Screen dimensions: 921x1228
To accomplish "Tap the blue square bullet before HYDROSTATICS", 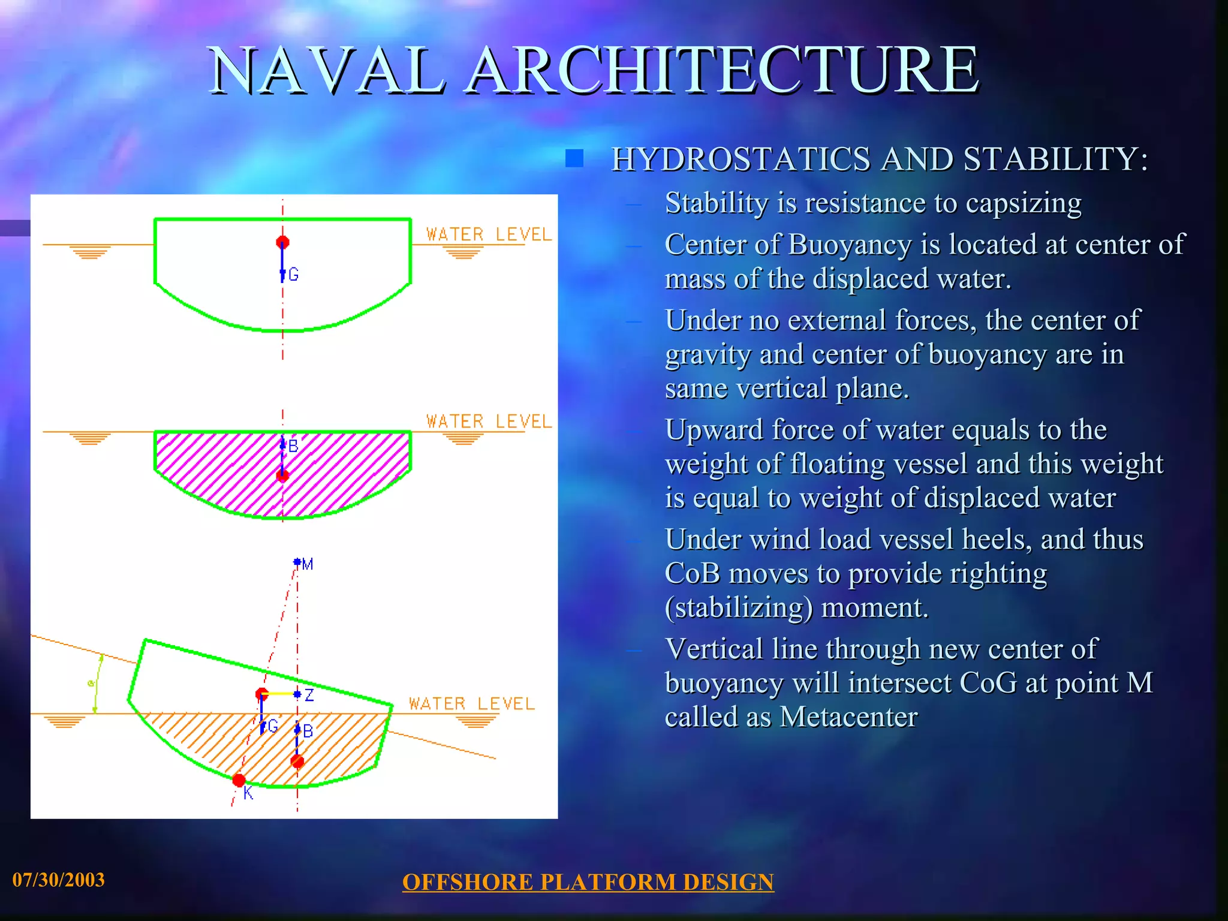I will click(574, 158).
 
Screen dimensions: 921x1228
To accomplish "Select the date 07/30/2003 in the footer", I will click(58, 880).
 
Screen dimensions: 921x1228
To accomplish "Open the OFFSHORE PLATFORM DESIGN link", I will click(588, 882).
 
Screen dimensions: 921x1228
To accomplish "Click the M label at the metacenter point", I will click(308, 564).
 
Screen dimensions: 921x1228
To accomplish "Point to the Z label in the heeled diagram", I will click(309, 695).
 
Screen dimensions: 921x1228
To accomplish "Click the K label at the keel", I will click(248, 794).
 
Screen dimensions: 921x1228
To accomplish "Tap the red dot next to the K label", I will click(239, 780).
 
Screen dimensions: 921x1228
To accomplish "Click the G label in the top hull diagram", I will click(293, 275).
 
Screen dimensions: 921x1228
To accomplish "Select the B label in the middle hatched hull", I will click(293, 446).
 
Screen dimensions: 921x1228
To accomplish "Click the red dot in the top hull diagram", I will click(282, 242).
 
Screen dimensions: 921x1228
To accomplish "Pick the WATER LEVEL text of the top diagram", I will click(488, 234).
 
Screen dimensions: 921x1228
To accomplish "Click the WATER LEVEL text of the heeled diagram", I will click(471, 704).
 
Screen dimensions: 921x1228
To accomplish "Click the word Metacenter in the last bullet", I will click(848, 717).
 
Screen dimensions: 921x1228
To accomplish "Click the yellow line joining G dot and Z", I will click(279, 694).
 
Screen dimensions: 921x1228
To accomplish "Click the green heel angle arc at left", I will click(97, 684).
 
